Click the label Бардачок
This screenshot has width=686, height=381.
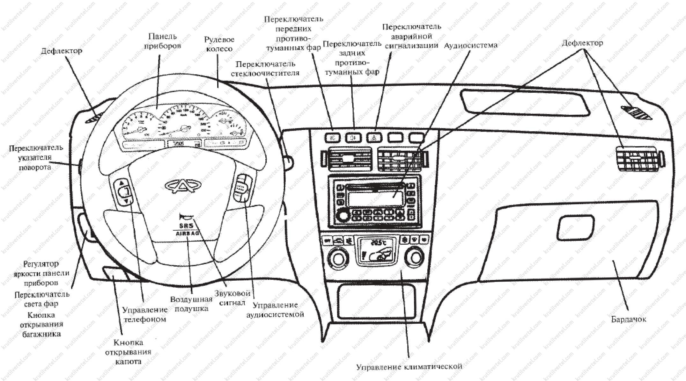point(628,319)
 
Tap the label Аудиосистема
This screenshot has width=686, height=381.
point(470,46)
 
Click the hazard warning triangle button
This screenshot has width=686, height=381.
point(375,138)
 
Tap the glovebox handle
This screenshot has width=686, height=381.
point(575,227)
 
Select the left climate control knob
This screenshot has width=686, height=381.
point(338,258)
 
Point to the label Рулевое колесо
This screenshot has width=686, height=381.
point(219,44)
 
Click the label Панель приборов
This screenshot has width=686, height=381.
point(162,41)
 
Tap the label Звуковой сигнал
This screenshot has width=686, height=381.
point(232,298)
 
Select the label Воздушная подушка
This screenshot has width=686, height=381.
point(191,304)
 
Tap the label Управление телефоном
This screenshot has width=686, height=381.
point(145,314)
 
